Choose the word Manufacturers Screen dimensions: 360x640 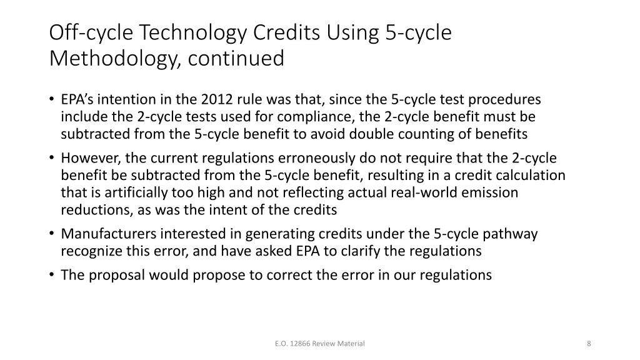[x=109, y=234]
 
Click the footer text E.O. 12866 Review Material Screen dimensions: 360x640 [x=319, y=343]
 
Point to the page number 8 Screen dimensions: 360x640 [x=589, y=343]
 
